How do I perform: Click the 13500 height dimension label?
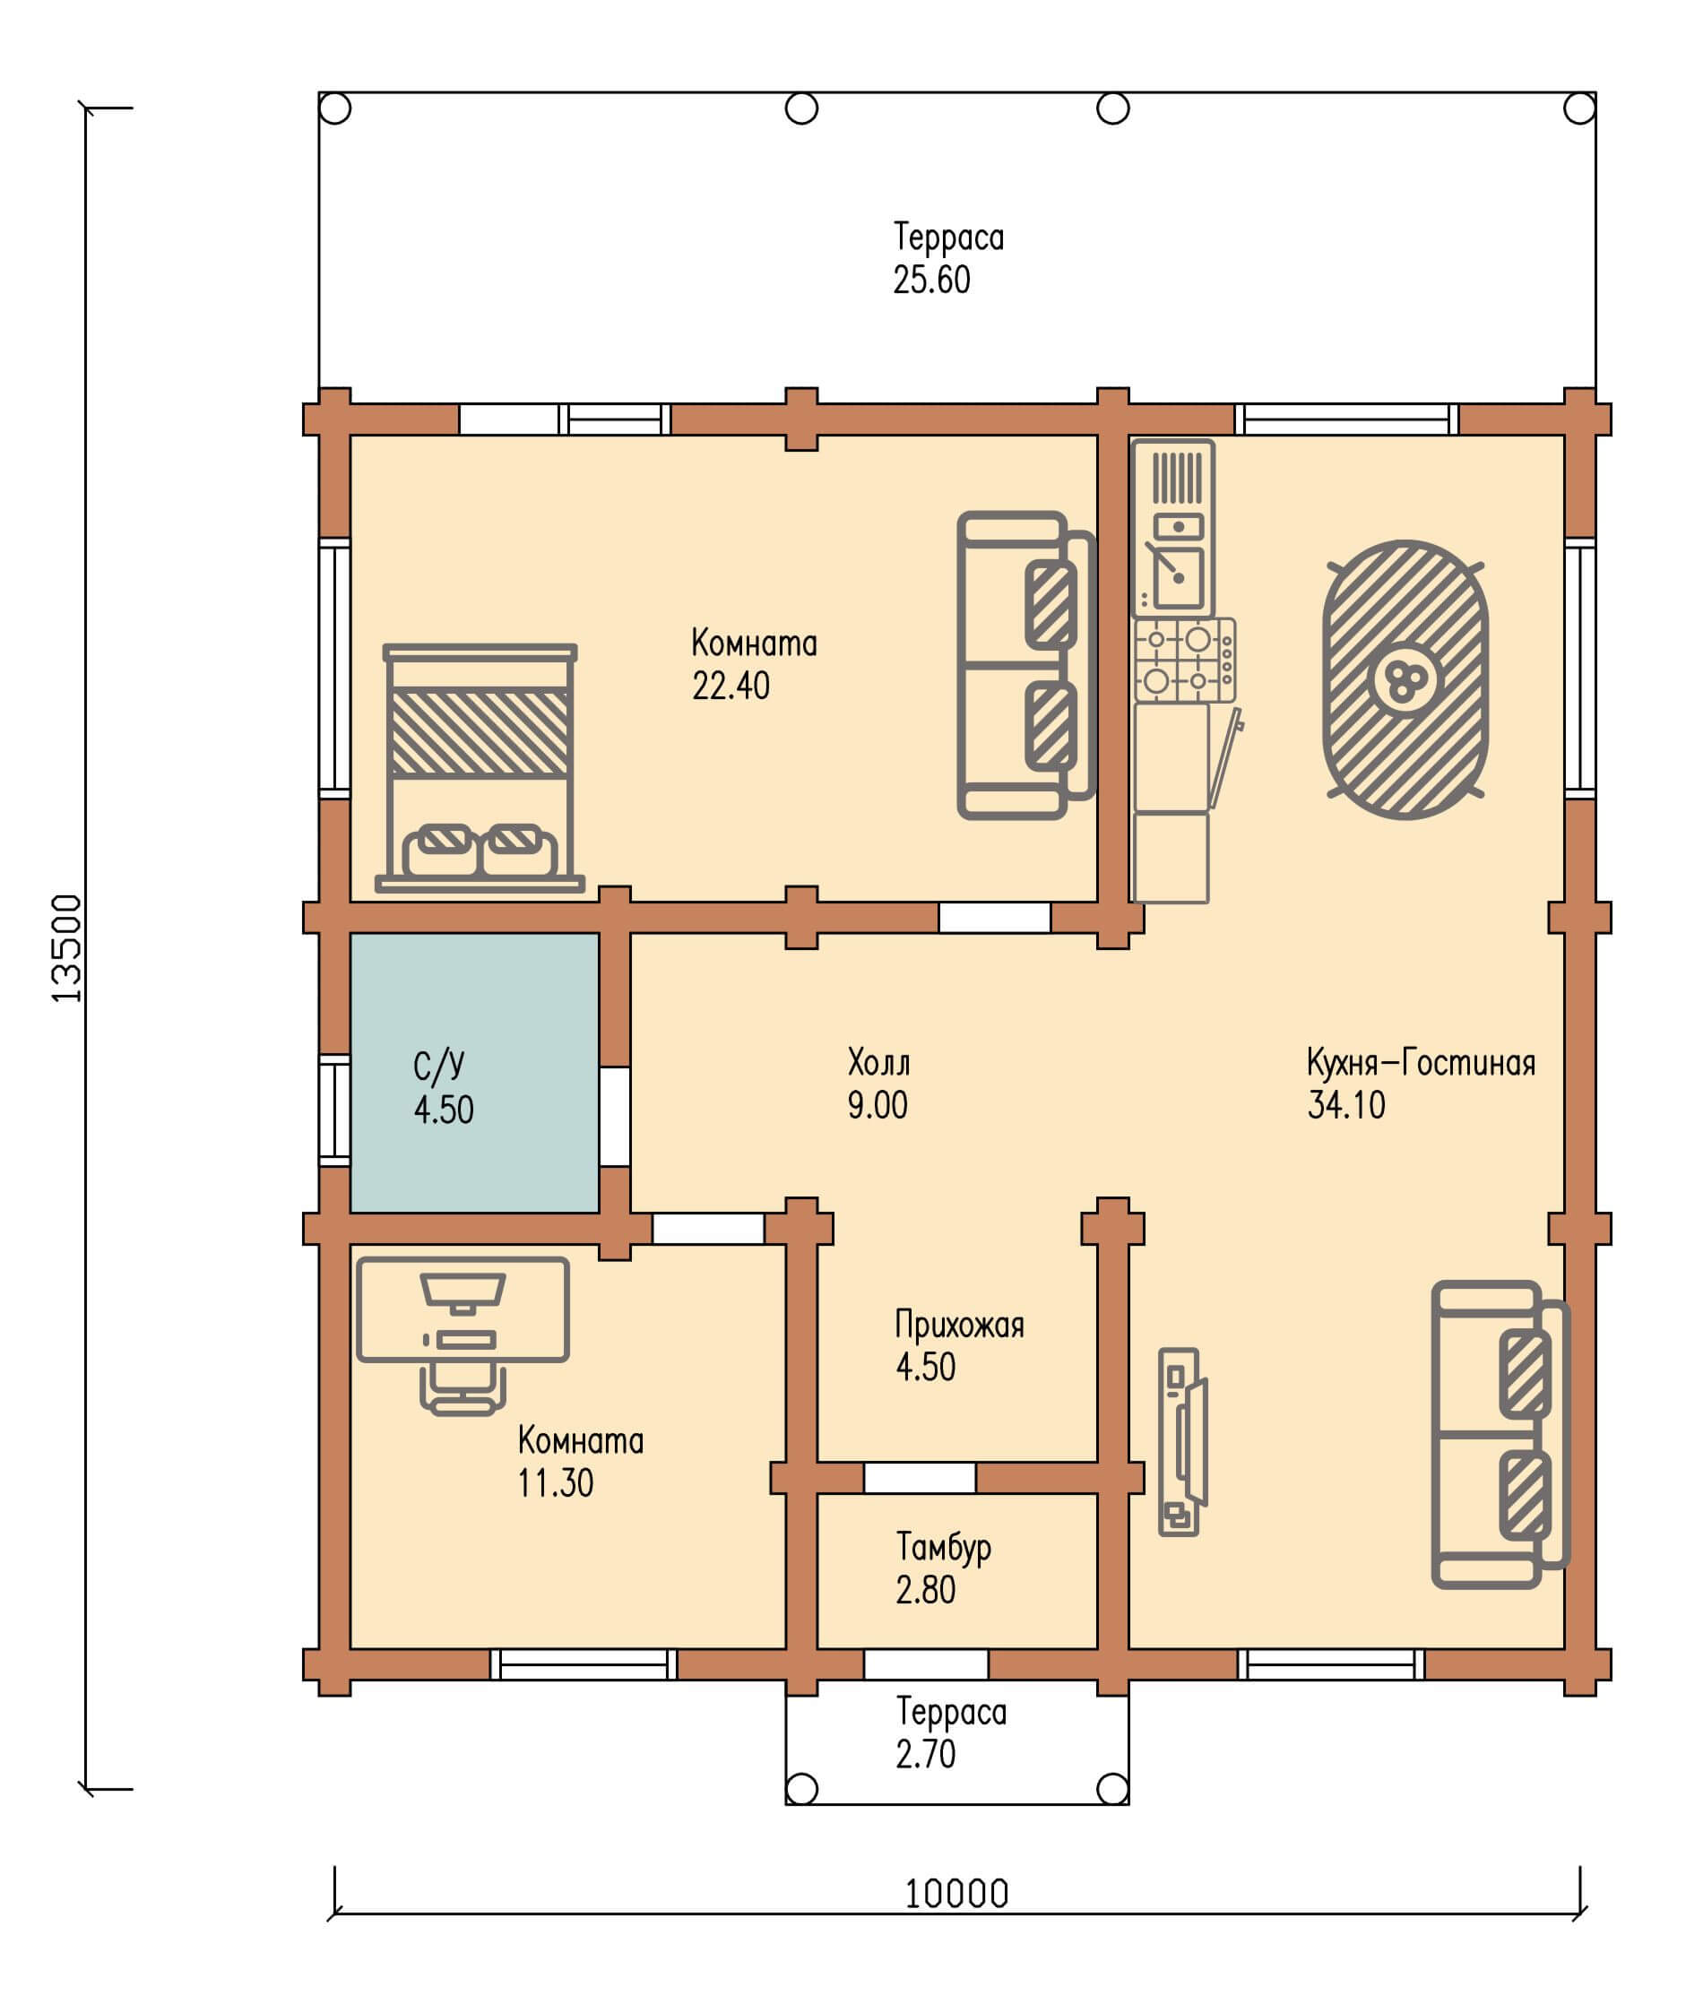coord(67,948)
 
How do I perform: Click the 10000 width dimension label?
coord(956,1893)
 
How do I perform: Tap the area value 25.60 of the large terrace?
coord(932,280)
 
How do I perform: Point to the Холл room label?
coord(878,1062)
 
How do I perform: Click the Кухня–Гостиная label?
coord(1422,1062)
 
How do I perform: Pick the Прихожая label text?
coord(960,1325)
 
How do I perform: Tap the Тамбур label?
coord(943,1547)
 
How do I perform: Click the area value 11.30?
coord(556,1482)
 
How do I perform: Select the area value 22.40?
coord(731,686)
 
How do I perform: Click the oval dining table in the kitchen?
coord(1405,679)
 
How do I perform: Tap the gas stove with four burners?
coord(1185,660)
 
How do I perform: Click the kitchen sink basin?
coord(1178,576)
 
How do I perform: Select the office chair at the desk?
coord(463,1388)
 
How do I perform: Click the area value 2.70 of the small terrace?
coord(925,1754)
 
